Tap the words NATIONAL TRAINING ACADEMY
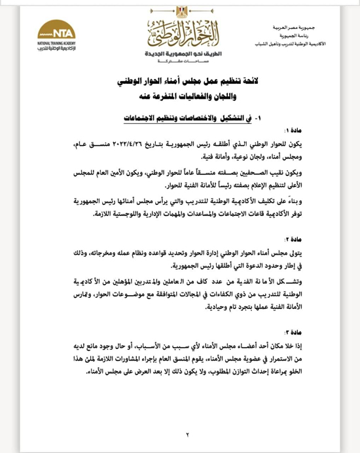tap(58, 43)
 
